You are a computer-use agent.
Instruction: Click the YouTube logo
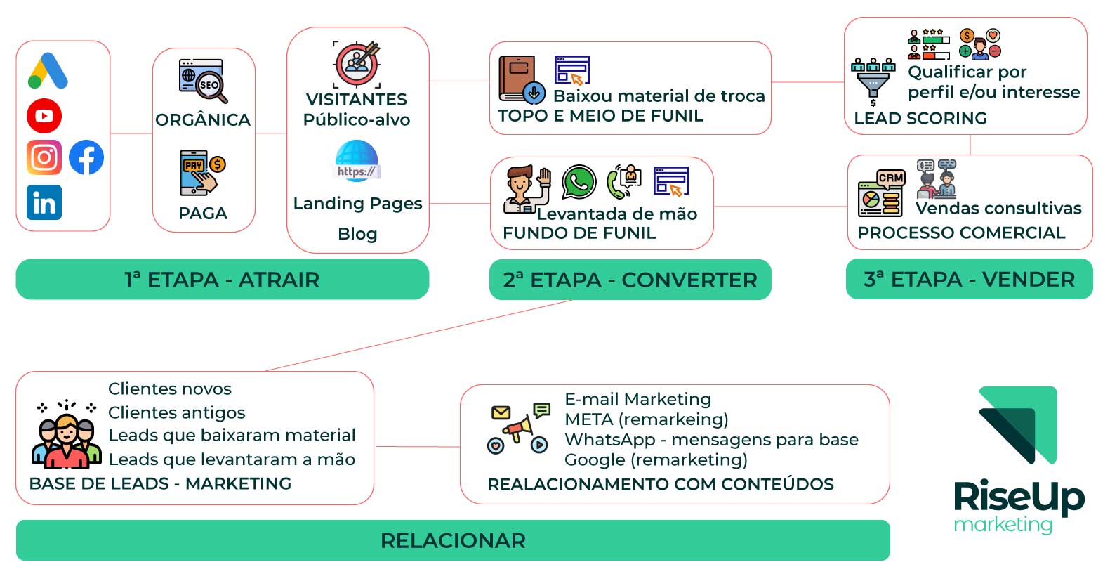tap(44, 116)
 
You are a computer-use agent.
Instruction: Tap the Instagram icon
tap(44, 157)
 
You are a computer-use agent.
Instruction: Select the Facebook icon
tap(86, 157)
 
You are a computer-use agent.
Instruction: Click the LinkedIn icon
tap(44, 202)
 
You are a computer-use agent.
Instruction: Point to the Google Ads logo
tap(48, 72)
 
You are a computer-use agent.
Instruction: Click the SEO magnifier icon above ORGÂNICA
tap(203, 81)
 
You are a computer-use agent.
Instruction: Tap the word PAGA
tap(203, 214)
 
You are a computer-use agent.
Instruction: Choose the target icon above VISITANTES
tap(357, 63)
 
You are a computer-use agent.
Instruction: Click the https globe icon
tap(357, 162)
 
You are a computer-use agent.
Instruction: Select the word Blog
tap(357, 234)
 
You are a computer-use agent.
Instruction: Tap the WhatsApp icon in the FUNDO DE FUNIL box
tap(579, 183)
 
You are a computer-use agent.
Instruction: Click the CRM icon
tap(881, 194)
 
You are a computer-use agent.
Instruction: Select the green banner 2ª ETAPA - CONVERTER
tap(630, 280)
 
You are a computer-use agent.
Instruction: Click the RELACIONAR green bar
tap(453, 540)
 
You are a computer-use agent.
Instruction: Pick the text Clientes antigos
tap(177, 412)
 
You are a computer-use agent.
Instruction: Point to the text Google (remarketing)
tap(656, 459)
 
